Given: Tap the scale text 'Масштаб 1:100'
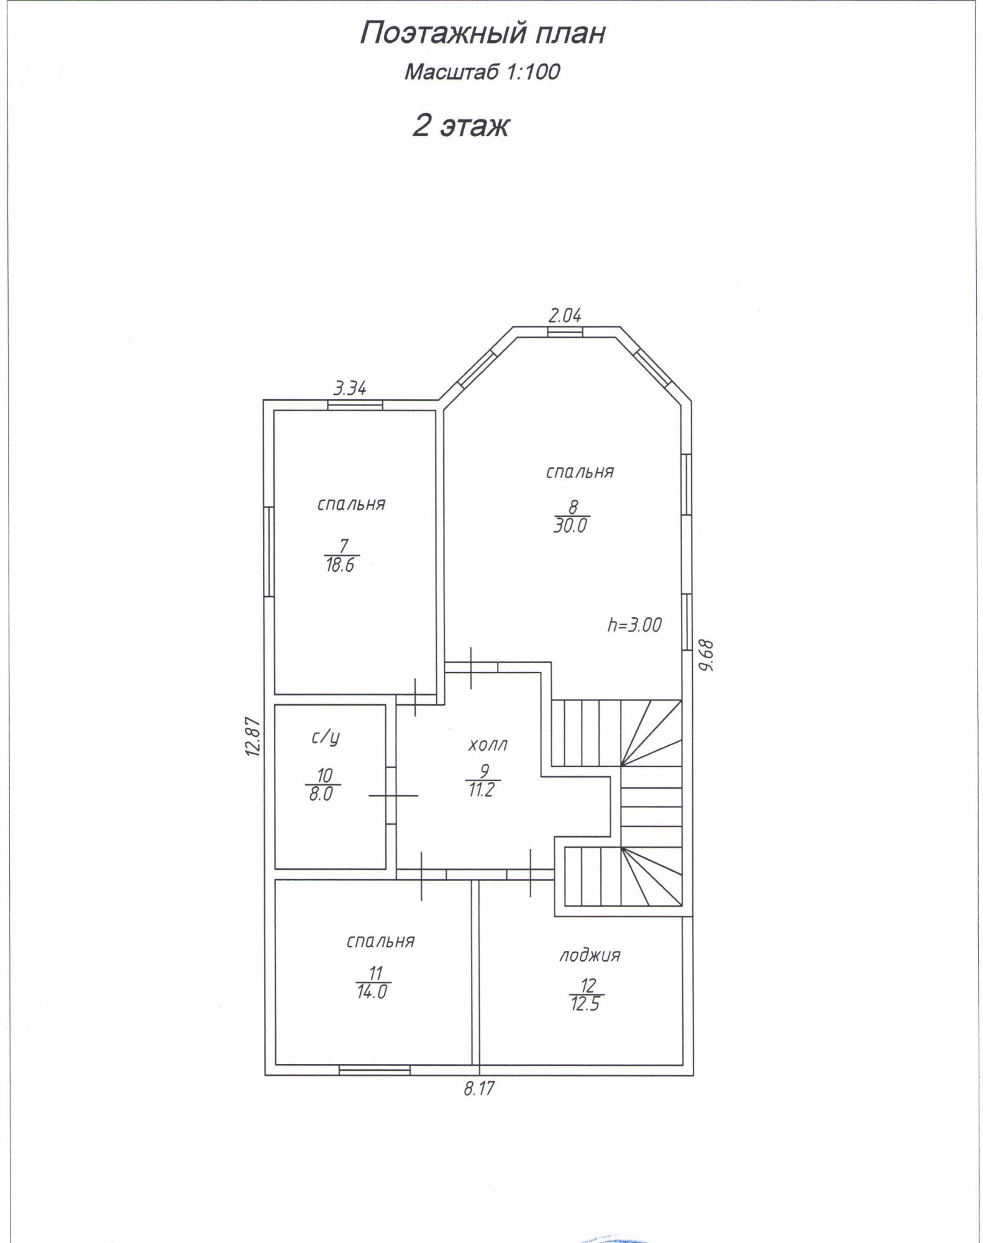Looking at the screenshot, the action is point(482,72).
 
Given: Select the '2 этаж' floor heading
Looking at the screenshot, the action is point(461,126).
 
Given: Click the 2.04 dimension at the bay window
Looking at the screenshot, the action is point(565,315).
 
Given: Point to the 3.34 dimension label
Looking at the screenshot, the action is point(350,388).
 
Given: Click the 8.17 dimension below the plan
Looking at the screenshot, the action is point(479,1088).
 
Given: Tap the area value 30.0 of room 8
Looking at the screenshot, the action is point(570,526).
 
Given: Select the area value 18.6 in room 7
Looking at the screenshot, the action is point(340,566).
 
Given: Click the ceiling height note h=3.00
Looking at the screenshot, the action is point(634,625).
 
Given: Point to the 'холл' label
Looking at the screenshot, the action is point(488,745).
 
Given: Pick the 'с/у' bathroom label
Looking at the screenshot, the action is point(326,738).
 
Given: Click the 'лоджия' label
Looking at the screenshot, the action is point(590,955).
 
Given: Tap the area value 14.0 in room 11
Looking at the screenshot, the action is point(372,991).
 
